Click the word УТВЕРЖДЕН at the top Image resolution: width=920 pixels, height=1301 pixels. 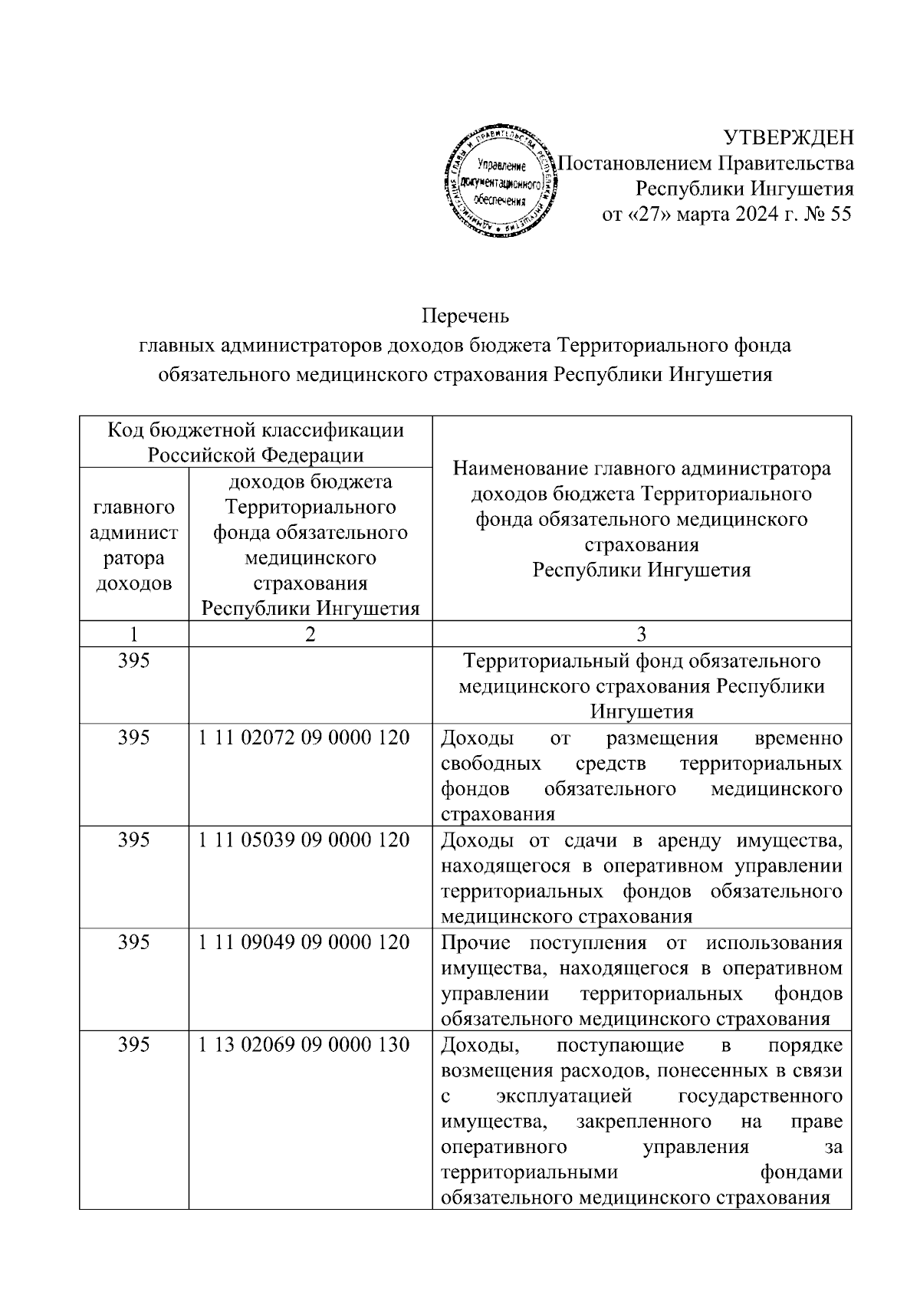[x=789, y=138]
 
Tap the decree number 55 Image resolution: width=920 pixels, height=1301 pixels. [x=840, y=215]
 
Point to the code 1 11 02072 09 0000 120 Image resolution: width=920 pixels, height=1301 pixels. [x=304, y=738]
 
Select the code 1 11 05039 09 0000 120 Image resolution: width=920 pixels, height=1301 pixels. [x=304, y=840]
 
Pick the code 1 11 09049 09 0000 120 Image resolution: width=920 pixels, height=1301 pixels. [x=304, y=942]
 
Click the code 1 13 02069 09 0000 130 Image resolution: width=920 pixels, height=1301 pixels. [x=304, y=1045]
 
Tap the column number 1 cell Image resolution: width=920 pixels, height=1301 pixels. [x=134, y=634]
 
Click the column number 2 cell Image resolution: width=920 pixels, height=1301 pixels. [x=310, y=634]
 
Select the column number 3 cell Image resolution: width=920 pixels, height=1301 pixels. [x=642, y=634]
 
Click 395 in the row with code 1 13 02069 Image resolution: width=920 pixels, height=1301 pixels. [x=134, y=1045]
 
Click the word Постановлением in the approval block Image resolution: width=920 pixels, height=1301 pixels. [x=636, y=163]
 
